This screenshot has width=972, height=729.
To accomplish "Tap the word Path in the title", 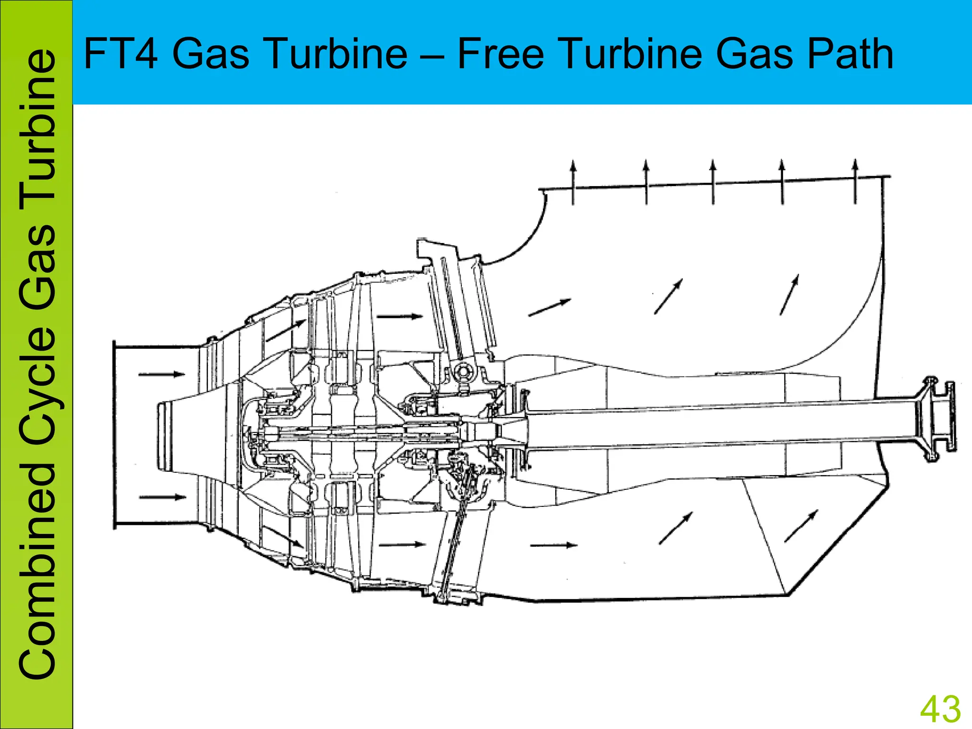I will point(850,54).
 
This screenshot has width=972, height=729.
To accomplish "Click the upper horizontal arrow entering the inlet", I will point(161,374).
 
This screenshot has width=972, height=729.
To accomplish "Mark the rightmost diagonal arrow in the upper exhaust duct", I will point(789,294).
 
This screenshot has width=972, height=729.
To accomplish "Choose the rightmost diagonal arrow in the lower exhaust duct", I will point(801,526).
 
